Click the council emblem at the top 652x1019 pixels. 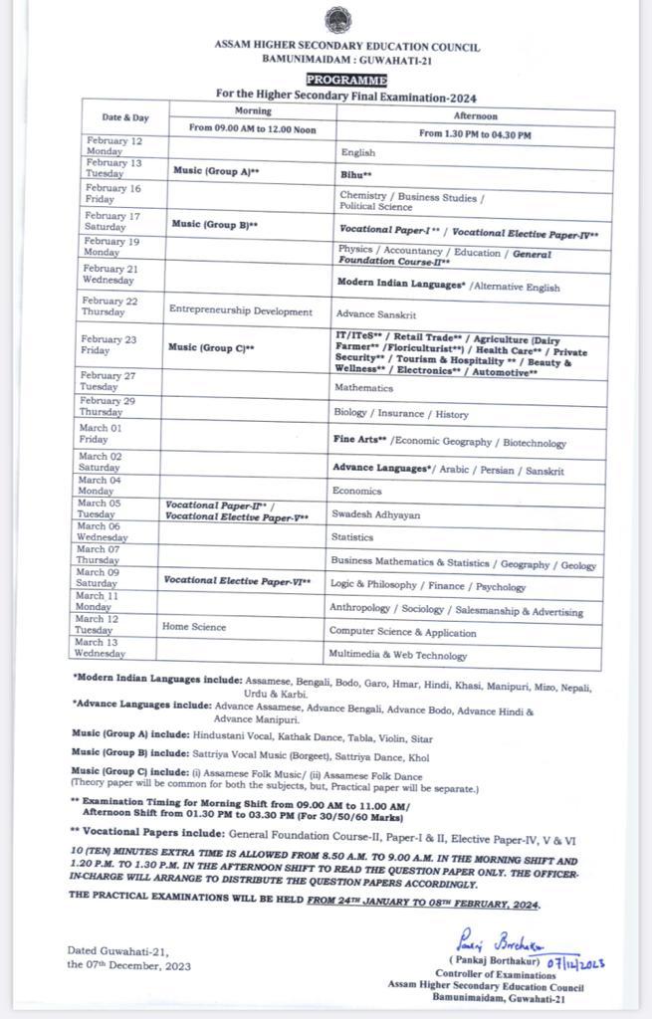coord(336,20)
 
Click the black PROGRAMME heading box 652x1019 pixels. coord(346,80)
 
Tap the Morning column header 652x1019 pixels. coord(253,110)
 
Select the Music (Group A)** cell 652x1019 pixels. coord(216,171)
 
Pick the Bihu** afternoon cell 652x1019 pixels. coord(357,174)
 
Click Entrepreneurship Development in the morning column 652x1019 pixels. coord(241,311)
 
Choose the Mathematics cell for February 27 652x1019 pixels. coord(363,387)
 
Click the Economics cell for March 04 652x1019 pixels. coord(357,491)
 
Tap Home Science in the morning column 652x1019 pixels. coord(194,627)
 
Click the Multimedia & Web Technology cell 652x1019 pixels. coord(397,655)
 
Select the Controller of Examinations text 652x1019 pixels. coord(489,975)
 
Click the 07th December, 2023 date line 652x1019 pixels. coord(129,965)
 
